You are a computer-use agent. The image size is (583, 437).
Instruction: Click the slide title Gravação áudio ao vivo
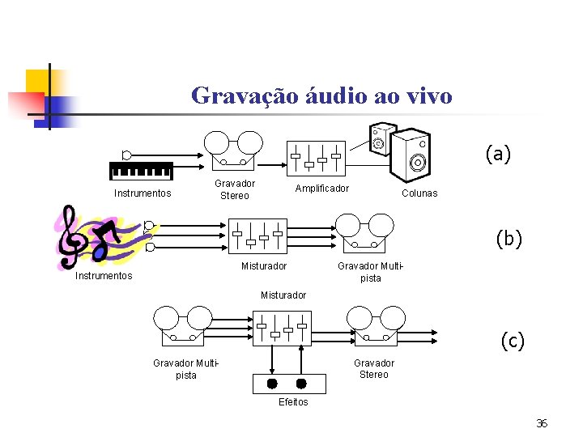[x=321, y=95]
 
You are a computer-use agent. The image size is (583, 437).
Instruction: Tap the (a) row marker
[x=497, y=154]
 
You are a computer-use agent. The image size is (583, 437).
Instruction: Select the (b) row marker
[x=509, y=238]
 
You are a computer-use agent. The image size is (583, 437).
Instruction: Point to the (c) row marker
[x=511, y=341]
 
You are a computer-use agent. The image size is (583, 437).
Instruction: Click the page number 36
[x=542, y=423]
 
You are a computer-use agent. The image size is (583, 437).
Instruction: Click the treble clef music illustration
[x=93, y=235]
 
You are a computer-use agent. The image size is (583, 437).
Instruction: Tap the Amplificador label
[x=321, y=189]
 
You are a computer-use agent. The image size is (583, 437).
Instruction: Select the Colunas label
[x=419, y=193]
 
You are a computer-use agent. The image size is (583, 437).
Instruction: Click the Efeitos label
[x=293, y=402]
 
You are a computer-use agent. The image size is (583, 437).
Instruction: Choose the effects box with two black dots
[x=287, y=383]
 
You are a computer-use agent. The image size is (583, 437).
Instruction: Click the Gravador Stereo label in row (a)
[x=235, y=189]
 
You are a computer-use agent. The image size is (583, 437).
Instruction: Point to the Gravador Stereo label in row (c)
[x=374, y=368]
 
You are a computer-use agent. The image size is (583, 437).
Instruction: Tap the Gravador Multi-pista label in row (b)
[x=370, y=272]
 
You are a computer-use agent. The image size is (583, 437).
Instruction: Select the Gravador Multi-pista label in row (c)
[x=185, y=369]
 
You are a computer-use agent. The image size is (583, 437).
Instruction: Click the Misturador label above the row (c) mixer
[x=283, y=295]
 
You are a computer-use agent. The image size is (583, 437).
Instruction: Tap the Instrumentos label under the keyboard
[x=143, y=193]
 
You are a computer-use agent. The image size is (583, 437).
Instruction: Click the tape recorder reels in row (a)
[x=234, y=148]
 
